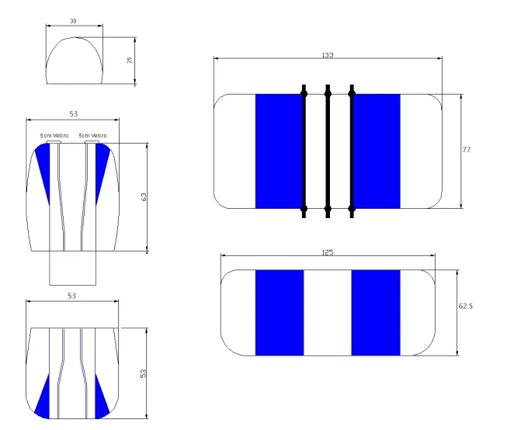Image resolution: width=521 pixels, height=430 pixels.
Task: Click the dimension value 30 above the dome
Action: click(73, 21)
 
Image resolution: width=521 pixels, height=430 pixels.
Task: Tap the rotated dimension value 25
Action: click(130, 60)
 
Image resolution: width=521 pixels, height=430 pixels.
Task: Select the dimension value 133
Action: click(328, 55)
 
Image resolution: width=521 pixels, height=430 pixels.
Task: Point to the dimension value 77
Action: click(467, 150)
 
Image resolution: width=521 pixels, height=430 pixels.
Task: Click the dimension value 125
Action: click(328, 252)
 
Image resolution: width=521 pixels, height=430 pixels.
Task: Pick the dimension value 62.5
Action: click(466, 306)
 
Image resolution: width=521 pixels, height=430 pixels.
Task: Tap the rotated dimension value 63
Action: click(144, 197)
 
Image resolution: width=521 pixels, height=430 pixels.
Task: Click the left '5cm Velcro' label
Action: click(54, 136)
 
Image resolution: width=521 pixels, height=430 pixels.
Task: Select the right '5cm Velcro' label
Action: click(92, 136)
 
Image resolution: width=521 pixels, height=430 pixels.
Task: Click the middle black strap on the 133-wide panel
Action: click(328, 151)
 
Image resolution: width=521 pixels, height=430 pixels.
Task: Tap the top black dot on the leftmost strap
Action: click(304, 94)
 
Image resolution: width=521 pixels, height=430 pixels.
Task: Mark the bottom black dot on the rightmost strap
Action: click(352, 209)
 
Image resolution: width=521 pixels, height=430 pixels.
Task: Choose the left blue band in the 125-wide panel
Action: click(280, 313)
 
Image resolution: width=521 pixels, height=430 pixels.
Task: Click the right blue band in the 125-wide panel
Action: click(376, 313)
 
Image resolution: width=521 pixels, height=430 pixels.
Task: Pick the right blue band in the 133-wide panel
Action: click(377, 151)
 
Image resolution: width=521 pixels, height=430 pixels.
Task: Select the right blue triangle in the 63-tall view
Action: click(101, 166)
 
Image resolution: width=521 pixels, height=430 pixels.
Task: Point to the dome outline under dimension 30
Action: click(75, 37)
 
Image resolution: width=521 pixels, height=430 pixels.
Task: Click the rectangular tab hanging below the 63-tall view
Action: click(73, 268)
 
